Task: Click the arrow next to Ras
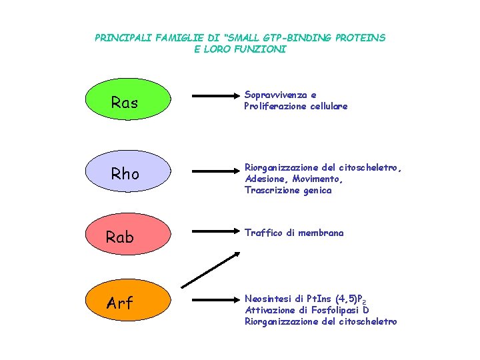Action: (x=212, y=97)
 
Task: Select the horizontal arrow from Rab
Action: (x=212, y=232)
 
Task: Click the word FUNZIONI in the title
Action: (x=262, y=49)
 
